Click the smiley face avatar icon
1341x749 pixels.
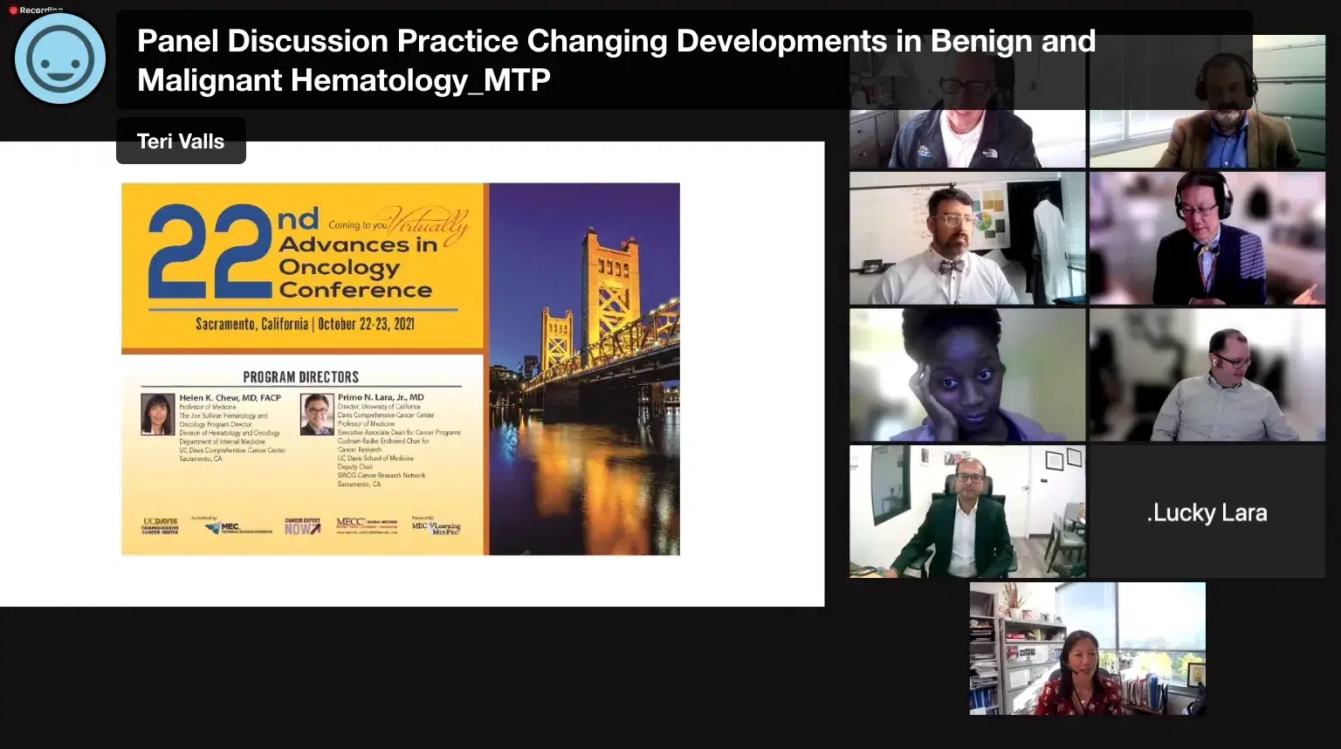click(x=59, y=59)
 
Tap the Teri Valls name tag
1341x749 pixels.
click(x=181, y=141)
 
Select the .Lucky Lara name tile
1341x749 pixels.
click(x=1207, y=512)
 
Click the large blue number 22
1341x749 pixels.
click(x=210, y=251)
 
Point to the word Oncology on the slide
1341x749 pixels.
click(x=339, y=267)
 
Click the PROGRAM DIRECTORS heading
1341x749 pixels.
click(x=300, y=377)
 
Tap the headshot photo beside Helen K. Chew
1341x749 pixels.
click(x=158, y=414)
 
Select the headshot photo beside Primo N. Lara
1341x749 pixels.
click(x=317, y=414)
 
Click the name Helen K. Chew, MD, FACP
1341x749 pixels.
click(x=230, y=398)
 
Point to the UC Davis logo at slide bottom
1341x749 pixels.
click(x=160, y=526)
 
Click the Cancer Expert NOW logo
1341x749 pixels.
click(x=302, y=526)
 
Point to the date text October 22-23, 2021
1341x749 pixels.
click(x=366, y=324)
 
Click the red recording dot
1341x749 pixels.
click(x=13, y=10)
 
